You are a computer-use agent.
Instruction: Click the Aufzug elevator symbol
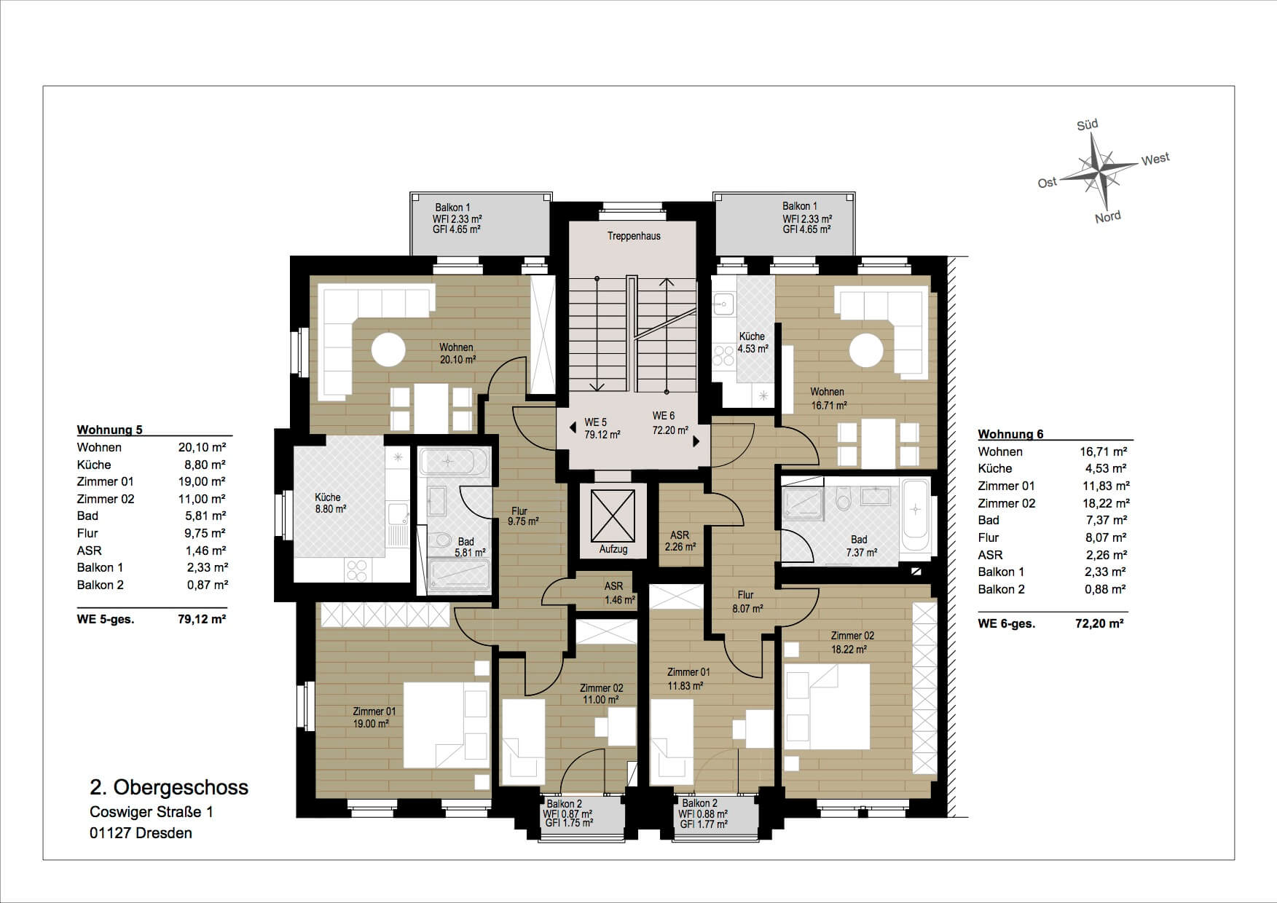coord(613,516)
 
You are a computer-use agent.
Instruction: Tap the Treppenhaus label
coord(634,236)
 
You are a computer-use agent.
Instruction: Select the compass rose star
coord(1098,172)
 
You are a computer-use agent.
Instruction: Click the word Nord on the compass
coord(1108,217)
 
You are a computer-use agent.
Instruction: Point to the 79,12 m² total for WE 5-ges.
coord(202,620)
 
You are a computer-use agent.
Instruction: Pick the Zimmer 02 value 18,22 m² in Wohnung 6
coord(1104,503)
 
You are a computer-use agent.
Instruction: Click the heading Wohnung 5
coord(110,430)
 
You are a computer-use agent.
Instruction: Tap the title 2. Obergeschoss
coord(169,787)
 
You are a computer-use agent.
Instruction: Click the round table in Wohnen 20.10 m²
coord(388,350)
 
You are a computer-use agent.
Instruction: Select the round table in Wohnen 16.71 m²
coord(865,350)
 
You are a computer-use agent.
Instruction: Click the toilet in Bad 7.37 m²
coord(844,500)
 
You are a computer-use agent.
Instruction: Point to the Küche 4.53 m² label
coord(753,342)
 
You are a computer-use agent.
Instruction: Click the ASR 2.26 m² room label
coord(680,541)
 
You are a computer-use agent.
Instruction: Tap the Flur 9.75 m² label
coord(522,516)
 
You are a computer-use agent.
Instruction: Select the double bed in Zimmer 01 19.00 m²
coord(446,725)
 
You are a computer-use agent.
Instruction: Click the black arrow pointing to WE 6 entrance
coord(696,441)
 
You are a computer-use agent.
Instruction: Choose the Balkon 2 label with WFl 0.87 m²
coord(567,813)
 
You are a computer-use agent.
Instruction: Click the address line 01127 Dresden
coord(141,833)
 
